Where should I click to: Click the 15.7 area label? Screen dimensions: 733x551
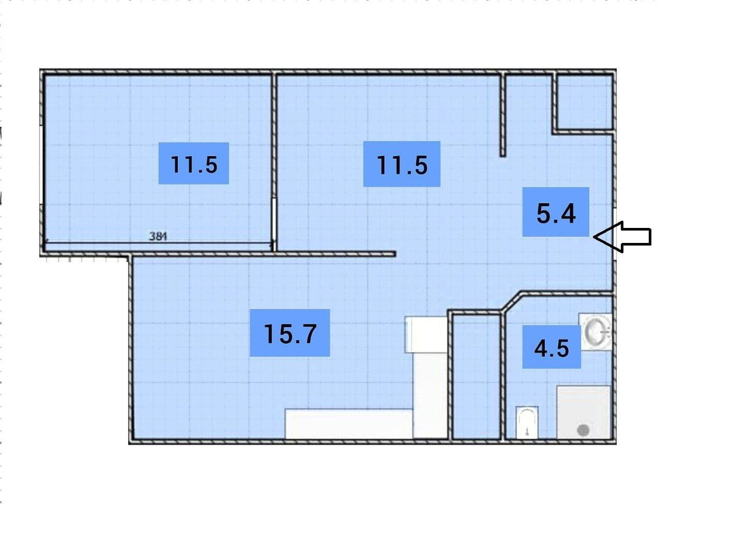[290, 332]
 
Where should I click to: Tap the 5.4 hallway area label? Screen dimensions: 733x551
[555, 212]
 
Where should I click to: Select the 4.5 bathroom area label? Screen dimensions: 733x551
[552, 347]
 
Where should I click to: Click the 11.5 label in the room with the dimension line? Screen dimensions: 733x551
[193, 163]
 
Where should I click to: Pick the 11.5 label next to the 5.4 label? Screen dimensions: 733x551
[402, 164]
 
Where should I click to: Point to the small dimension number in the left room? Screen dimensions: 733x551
[158, 236]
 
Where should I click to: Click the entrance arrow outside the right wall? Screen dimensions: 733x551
[622, 237]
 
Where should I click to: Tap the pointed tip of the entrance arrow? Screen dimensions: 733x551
[594, 237]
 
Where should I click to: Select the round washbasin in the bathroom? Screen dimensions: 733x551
[595, 331]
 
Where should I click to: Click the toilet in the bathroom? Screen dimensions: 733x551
[527, 422]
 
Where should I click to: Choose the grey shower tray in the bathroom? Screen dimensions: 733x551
[584, 412]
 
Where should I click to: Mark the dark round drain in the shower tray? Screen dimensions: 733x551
[583, 430]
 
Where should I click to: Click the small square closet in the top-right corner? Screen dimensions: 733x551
[584, 102]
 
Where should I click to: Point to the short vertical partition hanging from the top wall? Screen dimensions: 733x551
[503, 115]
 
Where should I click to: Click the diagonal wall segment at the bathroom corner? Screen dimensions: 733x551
[512, 302]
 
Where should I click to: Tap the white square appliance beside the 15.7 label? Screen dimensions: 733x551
[426, 334]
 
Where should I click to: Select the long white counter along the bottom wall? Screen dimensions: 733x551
[349, 424]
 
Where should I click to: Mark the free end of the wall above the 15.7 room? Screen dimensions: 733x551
[396, 254]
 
